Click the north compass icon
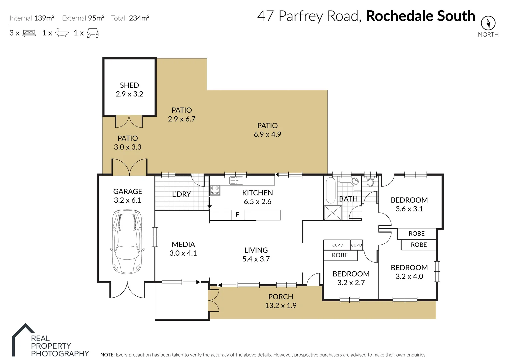[x=488, y=23]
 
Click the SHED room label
[x=129, y=85]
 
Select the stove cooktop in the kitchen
[x=215, y=190]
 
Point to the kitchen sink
[x=236, y=181]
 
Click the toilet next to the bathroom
[x=370, y=182]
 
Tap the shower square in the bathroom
[x=333, y=213]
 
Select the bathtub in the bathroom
[x=330, y=190]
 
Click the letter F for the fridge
[x=237, y=215]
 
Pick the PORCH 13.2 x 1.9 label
[x=281, y=301]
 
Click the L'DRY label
[x=181, y=194]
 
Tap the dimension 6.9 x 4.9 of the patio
[x=267, y=134]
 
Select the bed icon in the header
[x=29, y=33]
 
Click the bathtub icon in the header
[x=62, y=33]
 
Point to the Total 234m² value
[x=139, y=18]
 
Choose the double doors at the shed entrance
[x=129, y=122]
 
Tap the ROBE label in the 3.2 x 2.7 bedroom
[x=340, y=255]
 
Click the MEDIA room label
[x=183, y=244]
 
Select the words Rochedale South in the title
[x=420, y=16]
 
